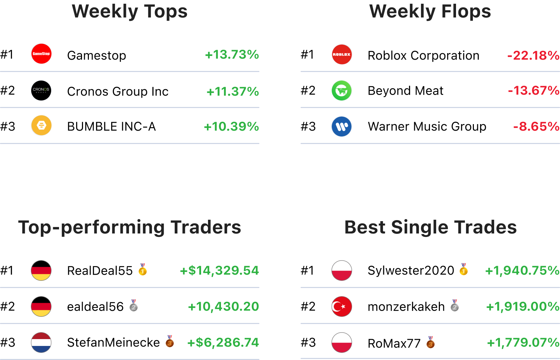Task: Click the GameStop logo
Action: (x=41, y=54)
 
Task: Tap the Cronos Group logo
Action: (x=41, y=91)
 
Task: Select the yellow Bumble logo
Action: (x=41, y=125)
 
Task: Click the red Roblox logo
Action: (x=342, y=55)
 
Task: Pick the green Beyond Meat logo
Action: (x=342, y=91)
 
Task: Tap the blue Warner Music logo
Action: (x=342, y=127)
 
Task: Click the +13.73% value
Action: (x=232, y=55)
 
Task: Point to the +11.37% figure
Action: (x=232, y=92)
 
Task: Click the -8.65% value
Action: (x=536, y=127)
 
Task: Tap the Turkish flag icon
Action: (x=342, y=307)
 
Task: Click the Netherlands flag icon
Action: (x=41, y=343)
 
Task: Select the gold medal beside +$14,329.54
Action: (x=143, y=270)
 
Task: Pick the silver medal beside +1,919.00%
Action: (x=455, y=305)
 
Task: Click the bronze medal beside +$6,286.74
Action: (x=170, y=341)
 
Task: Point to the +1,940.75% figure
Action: (x=522, y=271)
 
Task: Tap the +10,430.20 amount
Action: (x=223, y=307)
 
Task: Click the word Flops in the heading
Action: (x=466, y=11)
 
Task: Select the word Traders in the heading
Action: (x=206, y=227)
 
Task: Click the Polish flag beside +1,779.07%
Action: (x=342, y=343)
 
